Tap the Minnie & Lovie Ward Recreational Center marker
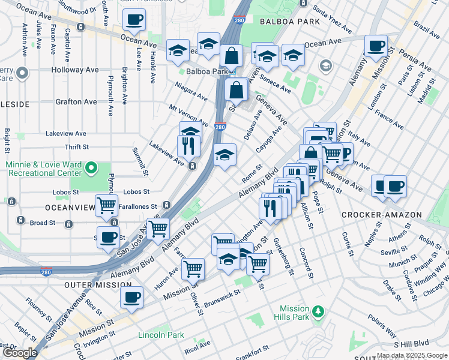[91, 167]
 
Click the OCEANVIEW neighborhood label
[70, 208]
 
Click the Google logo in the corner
[20, 353]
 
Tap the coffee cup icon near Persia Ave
[376, 46]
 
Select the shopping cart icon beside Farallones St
[107, 205]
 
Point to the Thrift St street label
[77, 147]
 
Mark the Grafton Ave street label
[76, 101]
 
